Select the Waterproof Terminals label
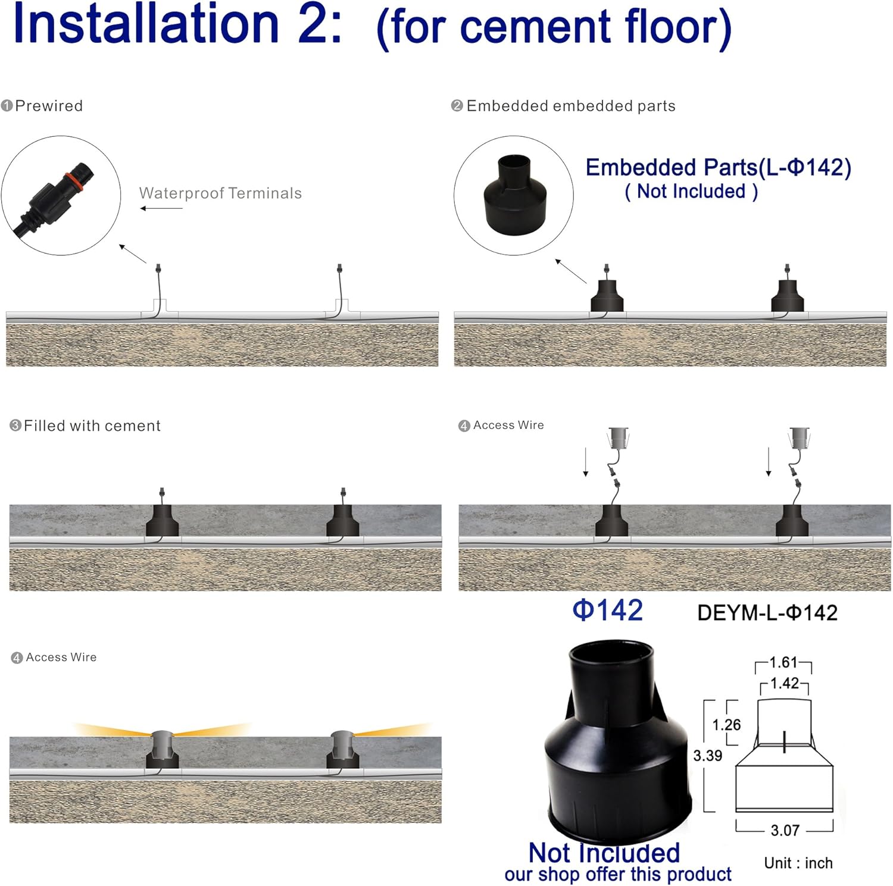coord(220,193)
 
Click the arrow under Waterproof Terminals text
coord(161,208)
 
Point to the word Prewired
coord(49,106)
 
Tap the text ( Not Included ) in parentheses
coord(691,192)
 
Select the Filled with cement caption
coord(92,426)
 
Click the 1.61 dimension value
coord(783,662)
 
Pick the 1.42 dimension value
coord(785,683)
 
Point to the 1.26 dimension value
coord(726,725)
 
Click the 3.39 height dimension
coord(707,756)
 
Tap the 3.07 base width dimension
coord(785,830)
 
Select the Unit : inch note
coord(798,863)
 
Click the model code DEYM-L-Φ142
coord(767,613)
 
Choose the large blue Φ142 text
coord(607,611)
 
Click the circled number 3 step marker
coord(15,425)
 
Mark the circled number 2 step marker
coord(457,106)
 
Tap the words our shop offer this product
coord(618,874)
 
